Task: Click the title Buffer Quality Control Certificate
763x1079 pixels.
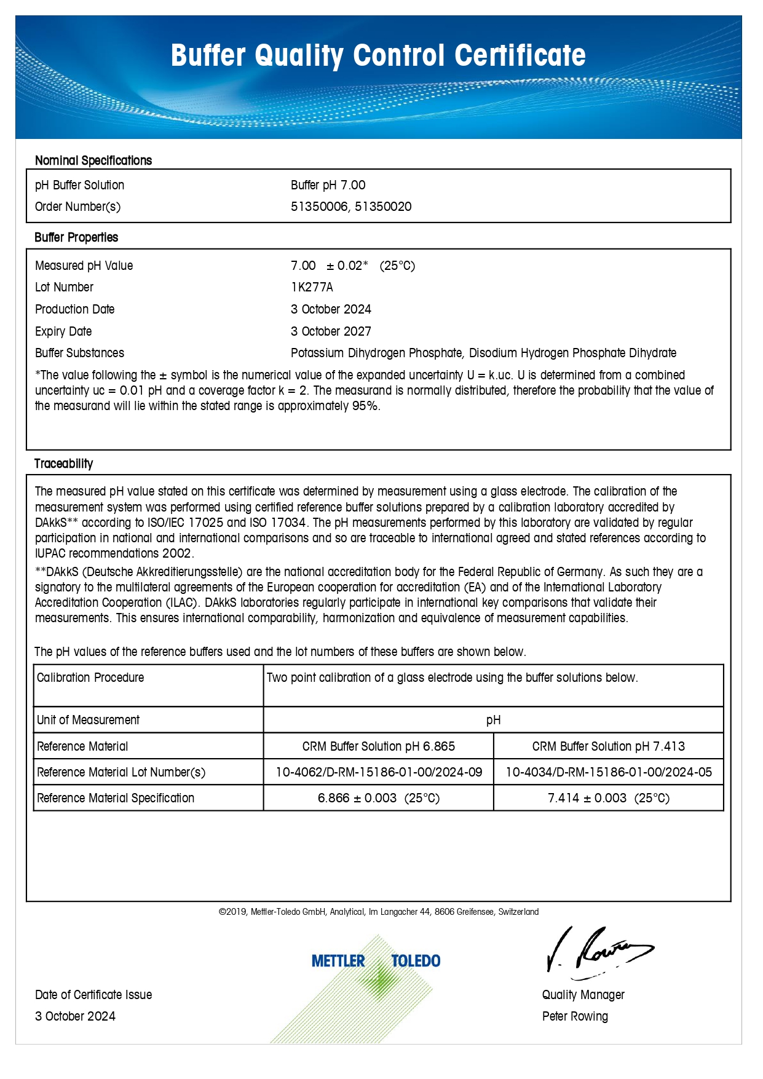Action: tap(378, 55)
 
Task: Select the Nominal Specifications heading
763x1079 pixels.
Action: tap(93, 160)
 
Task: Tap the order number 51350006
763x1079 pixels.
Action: tap(319, 207)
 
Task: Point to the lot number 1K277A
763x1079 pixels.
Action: tap(312, 287)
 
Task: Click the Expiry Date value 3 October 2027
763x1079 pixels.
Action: tap(331, 331)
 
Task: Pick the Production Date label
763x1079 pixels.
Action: tap(75, 309)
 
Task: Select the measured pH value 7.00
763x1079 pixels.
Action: tap(303, 266)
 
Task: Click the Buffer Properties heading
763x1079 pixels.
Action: tap(76, 237)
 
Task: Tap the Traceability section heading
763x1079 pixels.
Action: tap(64, 464)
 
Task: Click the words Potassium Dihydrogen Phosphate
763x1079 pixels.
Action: tap(376, 353)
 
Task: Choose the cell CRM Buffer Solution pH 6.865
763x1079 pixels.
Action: tap(378, 746)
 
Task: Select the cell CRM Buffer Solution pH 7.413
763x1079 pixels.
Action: tap(608, 746)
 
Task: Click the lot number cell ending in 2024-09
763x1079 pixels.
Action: tap(378, 772)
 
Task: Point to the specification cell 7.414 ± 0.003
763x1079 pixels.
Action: tap(608, 798)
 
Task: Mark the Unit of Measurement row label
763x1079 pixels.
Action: tap(89, 720)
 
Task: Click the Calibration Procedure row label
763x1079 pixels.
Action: tap(90, 678)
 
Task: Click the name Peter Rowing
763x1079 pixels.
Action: tap(575, 1016)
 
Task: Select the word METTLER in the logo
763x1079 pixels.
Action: tap(338, 961)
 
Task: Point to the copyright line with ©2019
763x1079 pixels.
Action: tap(378, 912)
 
